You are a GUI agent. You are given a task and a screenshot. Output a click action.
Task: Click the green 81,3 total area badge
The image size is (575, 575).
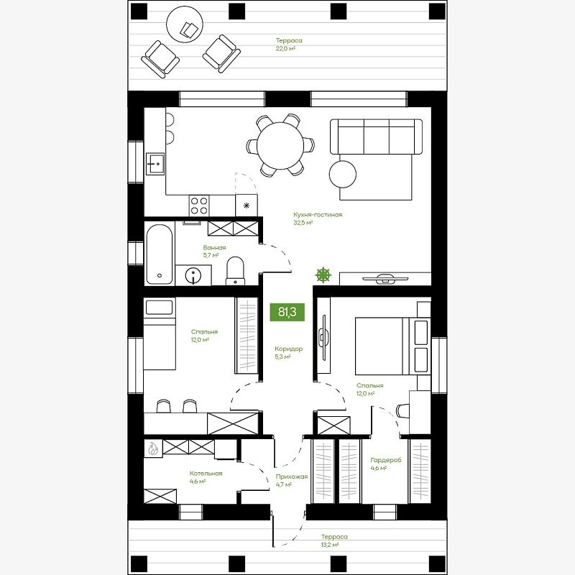[x=287, y=312]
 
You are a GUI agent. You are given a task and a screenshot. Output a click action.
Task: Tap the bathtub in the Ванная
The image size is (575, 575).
[x=160, y=254]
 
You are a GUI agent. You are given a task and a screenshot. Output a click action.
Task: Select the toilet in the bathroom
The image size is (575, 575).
[x=235, y=271]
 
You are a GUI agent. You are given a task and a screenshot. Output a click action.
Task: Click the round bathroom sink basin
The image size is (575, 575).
[x=193, y=275]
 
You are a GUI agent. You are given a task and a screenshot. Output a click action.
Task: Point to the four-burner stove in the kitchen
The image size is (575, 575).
[x=199, y=206]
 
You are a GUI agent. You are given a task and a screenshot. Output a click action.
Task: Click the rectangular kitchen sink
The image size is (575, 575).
[x=155, y=164]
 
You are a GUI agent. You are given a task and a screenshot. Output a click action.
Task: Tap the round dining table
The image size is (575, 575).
[x=280, y=146]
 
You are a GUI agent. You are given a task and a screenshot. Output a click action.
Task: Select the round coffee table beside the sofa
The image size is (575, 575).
[x=343, y=174]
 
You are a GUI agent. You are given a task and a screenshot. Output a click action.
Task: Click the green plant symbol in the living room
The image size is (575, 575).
[x=323, y=275]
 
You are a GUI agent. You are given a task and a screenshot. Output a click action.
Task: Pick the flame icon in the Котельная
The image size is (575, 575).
[x=152, y=448]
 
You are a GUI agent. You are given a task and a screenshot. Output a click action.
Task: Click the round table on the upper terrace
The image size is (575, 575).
[x=185, y=24]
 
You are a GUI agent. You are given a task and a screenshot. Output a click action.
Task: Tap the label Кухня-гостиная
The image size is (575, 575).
[x=318, y=214]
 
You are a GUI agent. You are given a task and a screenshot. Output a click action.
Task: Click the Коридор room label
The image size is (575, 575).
[x=289, y=349]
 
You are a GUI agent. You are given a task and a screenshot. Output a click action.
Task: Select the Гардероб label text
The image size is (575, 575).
[x=386, y=460]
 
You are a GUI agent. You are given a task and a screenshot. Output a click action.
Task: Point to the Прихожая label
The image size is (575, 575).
[x=292, y=477]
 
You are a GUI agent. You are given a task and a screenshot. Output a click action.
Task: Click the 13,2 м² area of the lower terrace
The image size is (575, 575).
[x=330, y=545]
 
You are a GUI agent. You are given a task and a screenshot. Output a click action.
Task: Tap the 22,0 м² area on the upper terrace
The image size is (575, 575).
[x=285, y=48]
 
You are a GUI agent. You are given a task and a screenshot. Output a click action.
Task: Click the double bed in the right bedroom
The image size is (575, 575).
[x=392, y=346]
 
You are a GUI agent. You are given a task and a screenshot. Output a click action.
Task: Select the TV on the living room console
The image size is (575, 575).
[x=385, y=279]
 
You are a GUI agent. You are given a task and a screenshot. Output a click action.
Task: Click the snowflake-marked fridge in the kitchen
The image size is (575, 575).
[x=247, y=206]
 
